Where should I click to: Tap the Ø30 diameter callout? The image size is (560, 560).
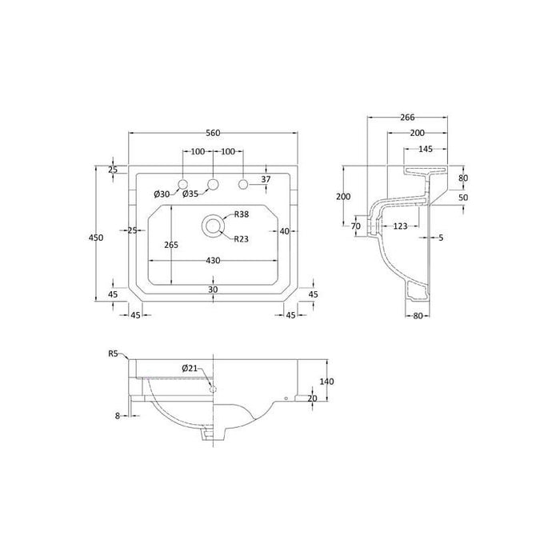[x=162, y=194]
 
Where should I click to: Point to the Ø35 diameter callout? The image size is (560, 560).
[x=190, y=194]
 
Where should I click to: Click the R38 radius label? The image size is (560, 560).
[x=241, y=214]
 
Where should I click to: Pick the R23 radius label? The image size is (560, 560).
[x=241, y=238]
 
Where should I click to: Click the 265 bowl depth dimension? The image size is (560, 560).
[x=170, y=245]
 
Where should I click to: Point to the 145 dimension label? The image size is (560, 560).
[x=425, y=149]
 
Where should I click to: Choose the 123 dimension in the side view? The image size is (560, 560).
[x=402, y=226]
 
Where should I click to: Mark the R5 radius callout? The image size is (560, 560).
[x=114, y=353]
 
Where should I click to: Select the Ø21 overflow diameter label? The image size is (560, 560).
[x=189, y=369]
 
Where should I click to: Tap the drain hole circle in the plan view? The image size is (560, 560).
[x=214, y=226]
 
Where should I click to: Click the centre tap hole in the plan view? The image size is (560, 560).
[x=213, y=186]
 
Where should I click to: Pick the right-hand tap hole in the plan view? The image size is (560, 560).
[x=243, y=186]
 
